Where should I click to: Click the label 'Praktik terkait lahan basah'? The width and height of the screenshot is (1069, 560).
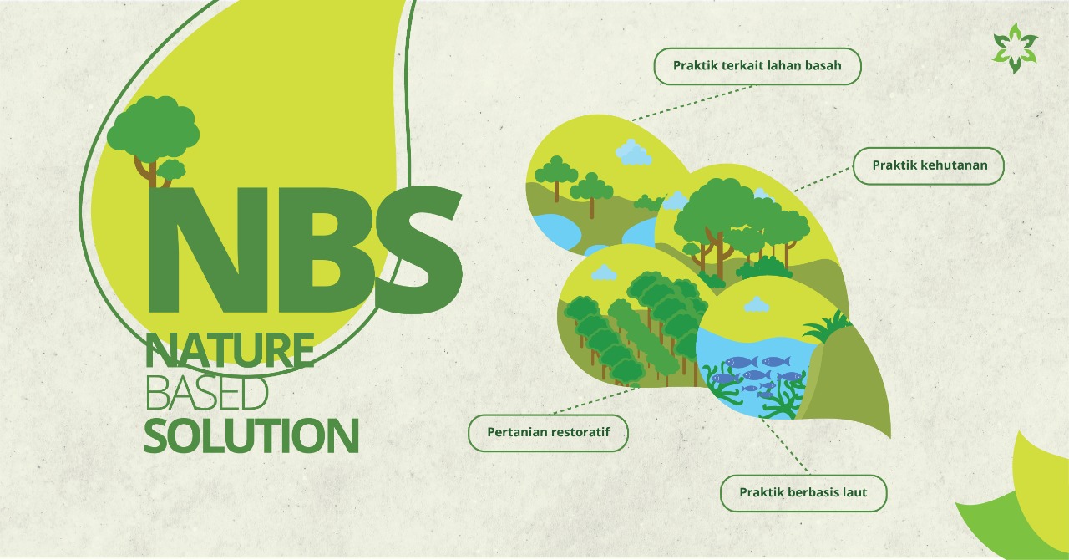click(x=757, y=66)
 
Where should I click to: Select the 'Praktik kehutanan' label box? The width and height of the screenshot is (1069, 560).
click(x=929, y=165)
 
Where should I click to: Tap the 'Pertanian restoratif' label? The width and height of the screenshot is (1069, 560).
click(x=549, y=433)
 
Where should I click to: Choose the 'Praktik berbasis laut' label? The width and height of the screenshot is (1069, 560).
click(x=803, y=493)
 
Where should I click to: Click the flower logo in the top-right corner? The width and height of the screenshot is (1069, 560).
click(x=1015, y=48)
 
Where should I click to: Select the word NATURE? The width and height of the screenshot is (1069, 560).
click(x=230, y=350)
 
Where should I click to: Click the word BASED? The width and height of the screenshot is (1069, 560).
click(x=206, y=393)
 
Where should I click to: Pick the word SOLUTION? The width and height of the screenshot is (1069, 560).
click(x=251, y=435)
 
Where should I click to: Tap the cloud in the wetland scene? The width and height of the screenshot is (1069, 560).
click(x=633, y=152)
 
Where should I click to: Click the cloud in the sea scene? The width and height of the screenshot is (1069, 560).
click(x=757, y=304)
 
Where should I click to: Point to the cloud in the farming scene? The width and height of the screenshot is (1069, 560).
click(x=603, y=272)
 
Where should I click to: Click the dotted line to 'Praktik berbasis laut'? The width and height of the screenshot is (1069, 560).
click(x=784, y=445)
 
